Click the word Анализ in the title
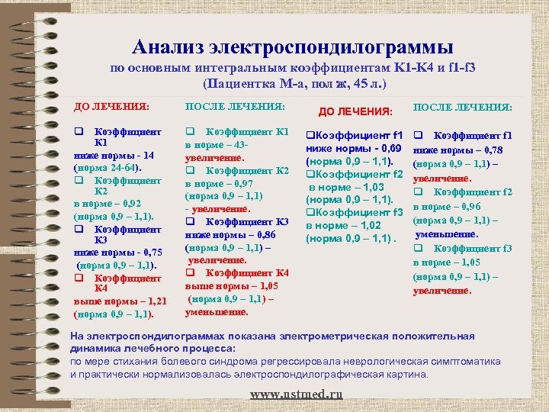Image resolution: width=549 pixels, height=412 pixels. (170, 47)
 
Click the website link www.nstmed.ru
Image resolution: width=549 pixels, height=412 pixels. (297, 394)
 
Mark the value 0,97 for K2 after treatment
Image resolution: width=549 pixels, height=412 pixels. (248, 183)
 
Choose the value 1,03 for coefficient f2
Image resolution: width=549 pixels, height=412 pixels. (374, 187)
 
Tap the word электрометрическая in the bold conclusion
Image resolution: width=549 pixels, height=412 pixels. (328, 336)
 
